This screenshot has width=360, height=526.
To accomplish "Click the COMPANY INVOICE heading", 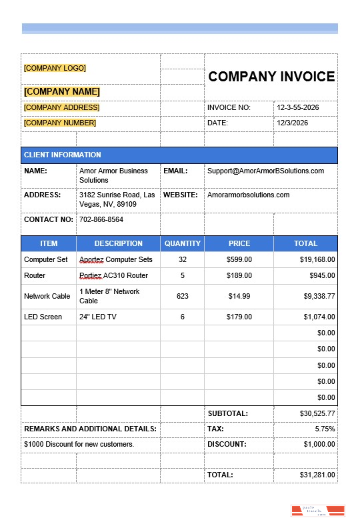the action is [271, 77].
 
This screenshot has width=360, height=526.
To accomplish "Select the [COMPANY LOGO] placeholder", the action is [55, 68].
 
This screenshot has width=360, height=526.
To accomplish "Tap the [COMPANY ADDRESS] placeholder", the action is [61, 107].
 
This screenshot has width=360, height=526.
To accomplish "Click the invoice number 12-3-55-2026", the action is [298, 107].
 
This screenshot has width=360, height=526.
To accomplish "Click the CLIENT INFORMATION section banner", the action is [63, 155].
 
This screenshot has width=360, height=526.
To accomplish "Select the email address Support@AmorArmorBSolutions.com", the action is [265, 171].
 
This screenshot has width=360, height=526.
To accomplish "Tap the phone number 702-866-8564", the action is [101, 219].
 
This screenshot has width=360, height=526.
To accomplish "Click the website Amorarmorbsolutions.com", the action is [248, 195].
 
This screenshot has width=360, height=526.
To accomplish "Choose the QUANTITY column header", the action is [182, 243].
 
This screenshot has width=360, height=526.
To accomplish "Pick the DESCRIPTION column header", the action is [118, 243].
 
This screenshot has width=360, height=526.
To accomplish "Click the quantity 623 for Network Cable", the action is [182, 296].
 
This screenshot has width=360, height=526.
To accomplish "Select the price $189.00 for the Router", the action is [239, 275].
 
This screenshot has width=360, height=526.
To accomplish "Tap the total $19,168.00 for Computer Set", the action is [317, 259].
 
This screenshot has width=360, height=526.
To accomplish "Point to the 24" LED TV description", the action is [98, 317].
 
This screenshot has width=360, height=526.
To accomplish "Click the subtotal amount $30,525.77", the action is [317, 413].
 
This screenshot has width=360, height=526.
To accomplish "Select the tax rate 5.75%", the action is [325, 429].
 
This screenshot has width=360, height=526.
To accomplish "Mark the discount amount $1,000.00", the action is [319, 444].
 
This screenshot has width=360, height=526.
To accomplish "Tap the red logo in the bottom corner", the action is [317, 511].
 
